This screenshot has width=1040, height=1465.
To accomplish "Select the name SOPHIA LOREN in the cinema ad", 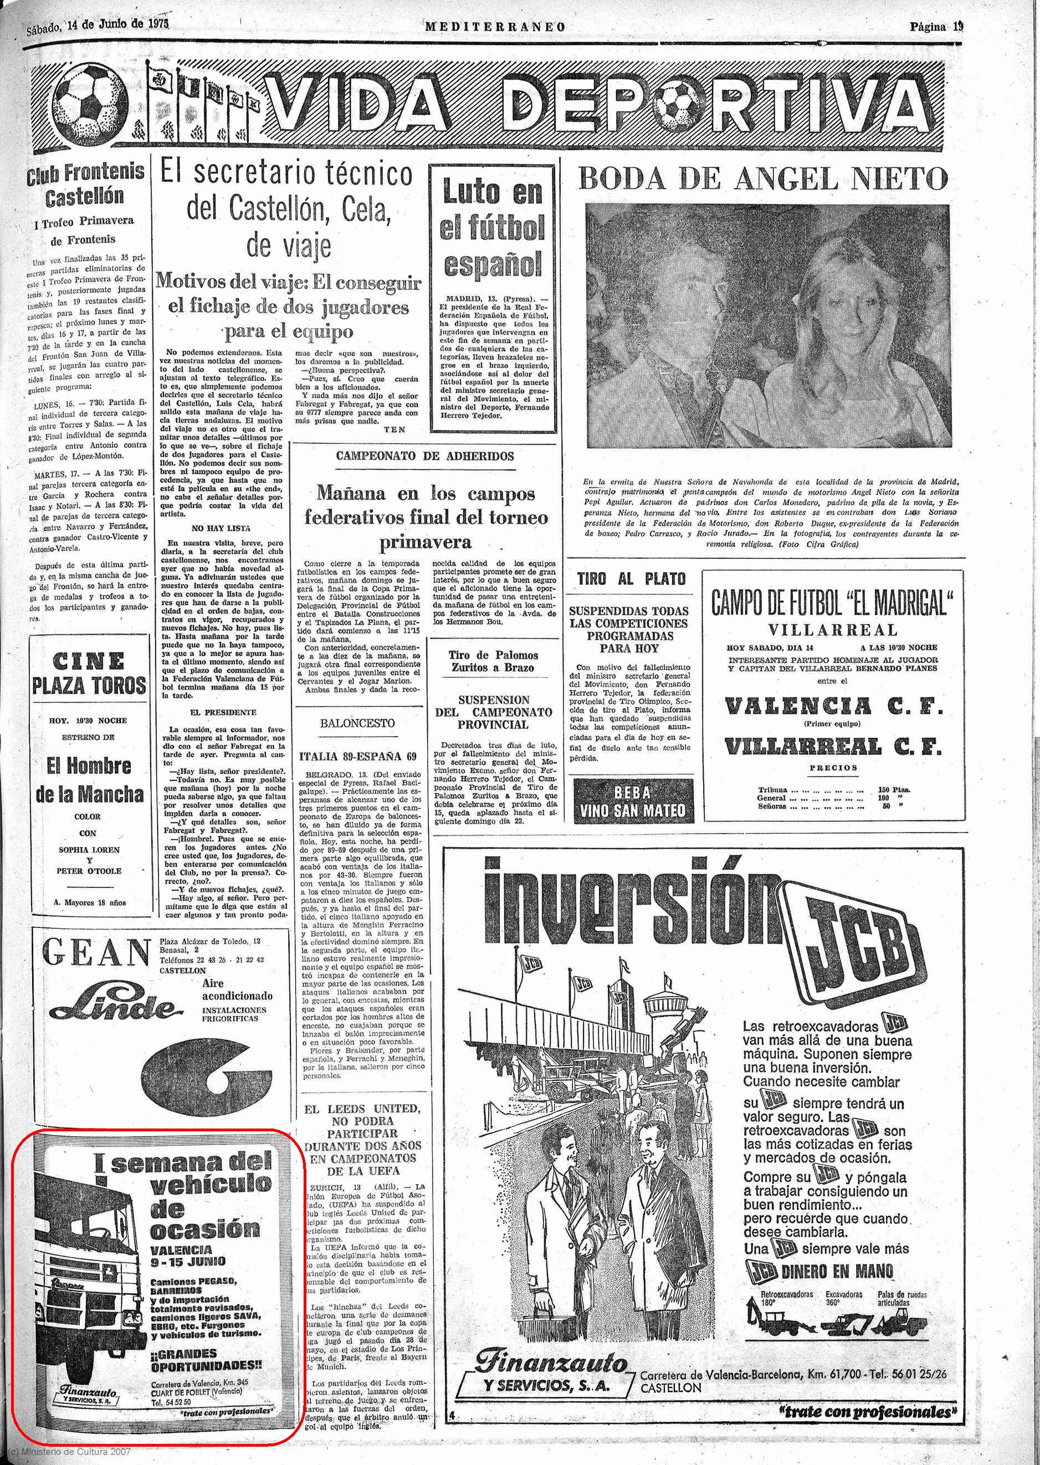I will pyautogui.click(x=89, y=849).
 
